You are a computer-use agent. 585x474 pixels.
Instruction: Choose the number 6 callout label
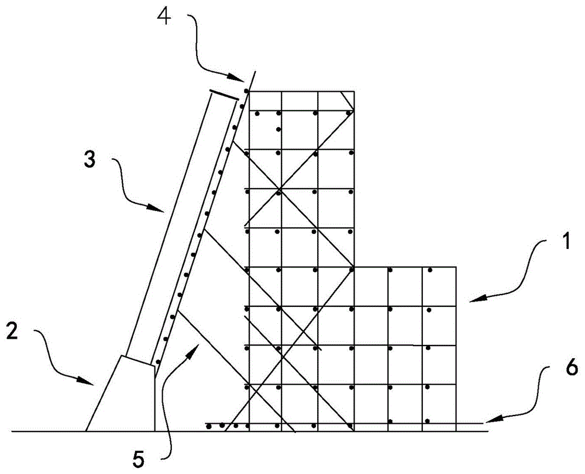pyautogui.click(x=556, y=368)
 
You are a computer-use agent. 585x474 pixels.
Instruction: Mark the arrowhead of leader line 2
pyautogui.click(x=93, y=383)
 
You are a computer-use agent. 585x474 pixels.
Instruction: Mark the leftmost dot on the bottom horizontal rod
pyautogui.click(x=209, y=426)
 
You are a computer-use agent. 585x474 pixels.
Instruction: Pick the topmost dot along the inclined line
pyautogui.click(x=246, y=91)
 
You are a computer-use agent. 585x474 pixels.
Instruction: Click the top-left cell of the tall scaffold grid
pyautogui.click(x=266, y=101)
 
